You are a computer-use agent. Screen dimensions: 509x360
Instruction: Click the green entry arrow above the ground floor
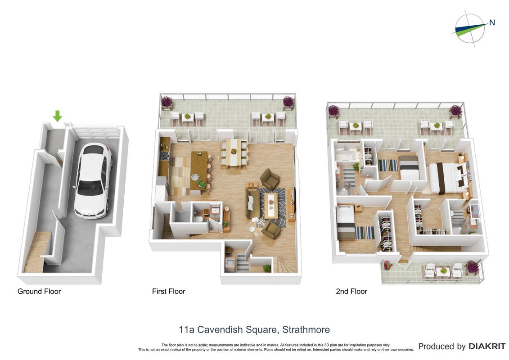pos(58,116)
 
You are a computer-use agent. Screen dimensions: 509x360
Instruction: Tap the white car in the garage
pos(93,180)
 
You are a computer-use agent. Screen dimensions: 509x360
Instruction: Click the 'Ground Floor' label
pos(39,292)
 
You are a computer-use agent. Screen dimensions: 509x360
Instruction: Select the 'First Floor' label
pos(168,292)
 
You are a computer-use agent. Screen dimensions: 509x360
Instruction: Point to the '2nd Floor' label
pos(351,292)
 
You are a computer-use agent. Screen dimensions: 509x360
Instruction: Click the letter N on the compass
pos(492,22)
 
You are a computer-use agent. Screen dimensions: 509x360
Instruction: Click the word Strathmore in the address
pos(306,330)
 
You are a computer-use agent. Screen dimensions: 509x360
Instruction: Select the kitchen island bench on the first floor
pos(199,171)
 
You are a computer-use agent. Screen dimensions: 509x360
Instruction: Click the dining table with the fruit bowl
pos(234,152)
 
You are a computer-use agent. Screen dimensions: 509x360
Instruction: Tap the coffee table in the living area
pos(270,206)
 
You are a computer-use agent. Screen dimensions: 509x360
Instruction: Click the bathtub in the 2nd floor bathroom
pos(346,155)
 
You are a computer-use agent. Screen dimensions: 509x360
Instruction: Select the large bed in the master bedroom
pos(448,178)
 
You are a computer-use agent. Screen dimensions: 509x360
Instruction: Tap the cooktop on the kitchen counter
pos(165,156)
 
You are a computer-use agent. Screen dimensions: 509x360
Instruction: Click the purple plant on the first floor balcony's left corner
pos(167,102)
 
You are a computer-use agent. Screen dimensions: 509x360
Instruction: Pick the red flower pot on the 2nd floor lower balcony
pos(387,265)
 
